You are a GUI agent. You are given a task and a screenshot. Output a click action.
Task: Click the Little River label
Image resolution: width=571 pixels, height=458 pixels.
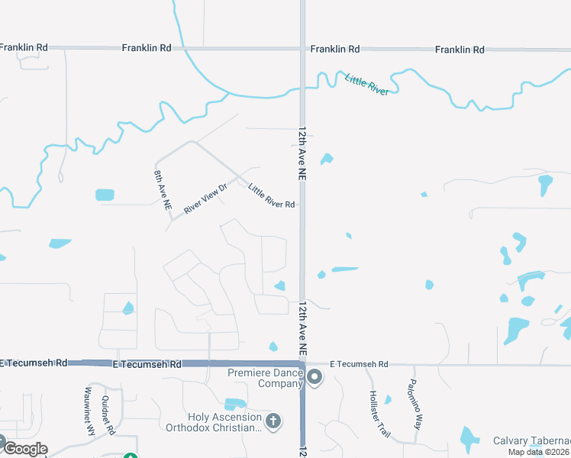tap(367, 84)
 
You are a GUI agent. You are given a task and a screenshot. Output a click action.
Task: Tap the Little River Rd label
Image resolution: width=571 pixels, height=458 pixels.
tap(272, 196)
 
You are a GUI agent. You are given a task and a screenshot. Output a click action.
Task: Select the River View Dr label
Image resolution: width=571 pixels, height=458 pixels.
tap(205, 198)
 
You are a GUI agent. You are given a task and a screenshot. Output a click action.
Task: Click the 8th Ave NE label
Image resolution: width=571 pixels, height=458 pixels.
tap(163, 191)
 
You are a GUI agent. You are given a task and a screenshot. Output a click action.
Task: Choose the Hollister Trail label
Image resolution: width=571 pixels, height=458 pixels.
tap(379, 414)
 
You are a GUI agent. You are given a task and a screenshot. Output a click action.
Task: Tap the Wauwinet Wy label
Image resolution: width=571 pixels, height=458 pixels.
tap(89, 414)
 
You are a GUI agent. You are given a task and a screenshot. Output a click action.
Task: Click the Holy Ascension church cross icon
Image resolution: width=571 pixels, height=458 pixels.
tap(273, 420)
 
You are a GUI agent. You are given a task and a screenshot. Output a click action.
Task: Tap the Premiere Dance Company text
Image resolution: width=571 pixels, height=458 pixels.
tap(266, 378)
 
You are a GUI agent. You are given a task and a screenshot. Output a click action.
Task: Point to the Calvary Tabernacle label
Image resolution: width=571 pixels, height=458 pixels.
tap(531, 441)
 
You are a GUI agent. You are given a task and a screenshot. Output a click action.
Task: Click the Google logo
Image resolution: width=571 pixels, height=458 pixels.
tap(24, 449)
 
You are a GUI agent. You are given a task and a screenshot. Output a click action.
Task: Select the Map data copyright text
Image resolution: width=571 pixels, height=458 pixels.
tap(539, 452)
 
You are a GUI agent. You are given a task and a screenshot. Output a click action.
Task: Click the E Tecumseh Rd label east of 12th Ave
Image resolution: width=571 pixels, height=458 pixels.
tap(359, 365)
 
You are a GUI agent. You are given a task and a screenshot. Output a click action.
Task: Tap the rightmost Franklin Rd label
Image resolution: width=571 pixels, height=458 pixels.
tap(460, 50)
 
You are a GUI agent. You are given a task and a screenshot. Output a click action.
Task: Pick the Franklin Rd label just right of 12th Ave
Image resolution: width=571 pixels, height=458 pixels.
tap(334, 49)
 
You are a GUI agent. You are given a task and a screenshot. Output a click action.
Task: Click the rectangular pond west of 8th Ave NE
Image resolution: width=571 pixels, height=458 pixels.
tap(105, 195)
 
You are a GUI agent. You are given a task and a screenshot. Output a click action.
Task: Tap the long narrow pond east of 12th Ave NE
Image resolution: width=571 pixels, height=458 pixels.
tap(345, 269)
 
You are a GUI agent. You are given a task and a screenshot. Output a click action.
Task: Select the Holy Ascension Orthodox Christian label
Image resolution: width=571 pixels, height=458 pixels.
tap(213, 422)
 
